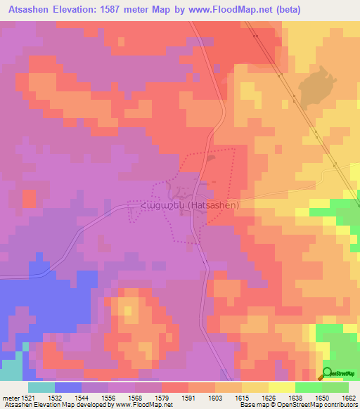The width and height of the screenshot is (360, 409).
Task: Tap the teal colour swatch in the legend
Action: click(41, 387)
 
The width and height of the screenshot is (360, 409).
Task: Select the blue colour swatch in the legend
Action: click(68, 387)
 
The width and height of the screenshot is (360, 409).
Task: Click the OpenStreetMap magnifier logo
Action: click(327, 372)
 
